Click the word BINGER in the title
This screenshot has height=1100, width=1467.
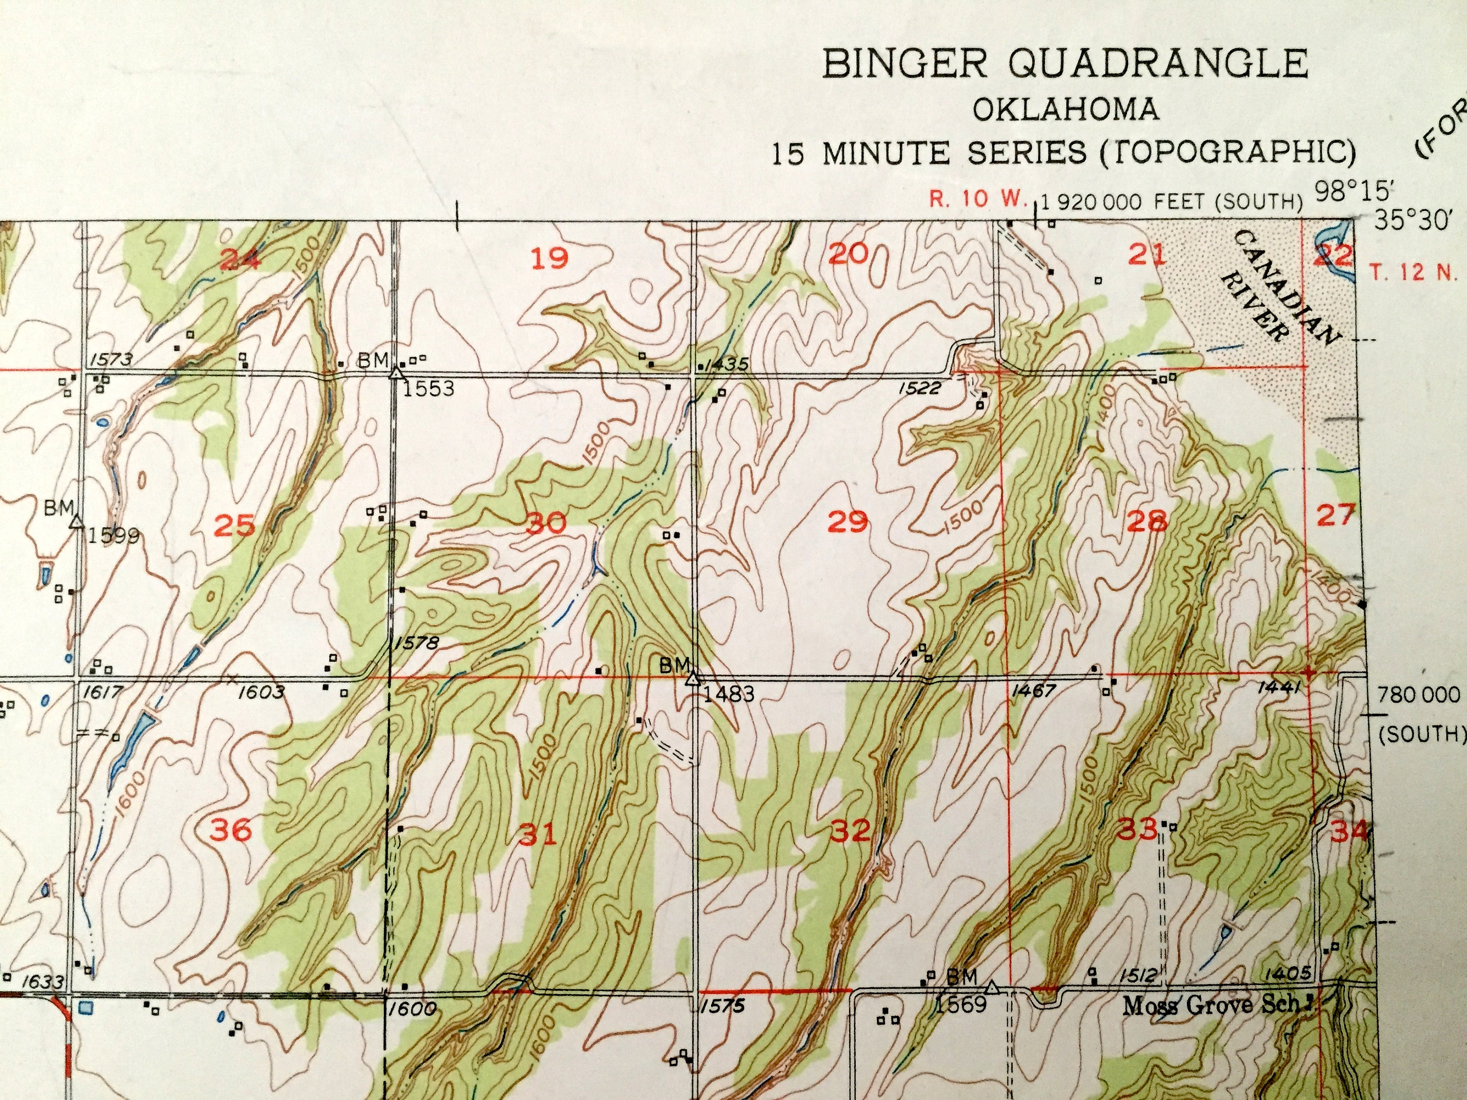[905, 65]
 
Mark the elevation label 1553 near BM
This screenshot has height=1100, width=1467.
[429, 389]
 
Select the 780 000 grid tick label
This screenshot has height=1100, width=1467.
[1419, 695]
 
